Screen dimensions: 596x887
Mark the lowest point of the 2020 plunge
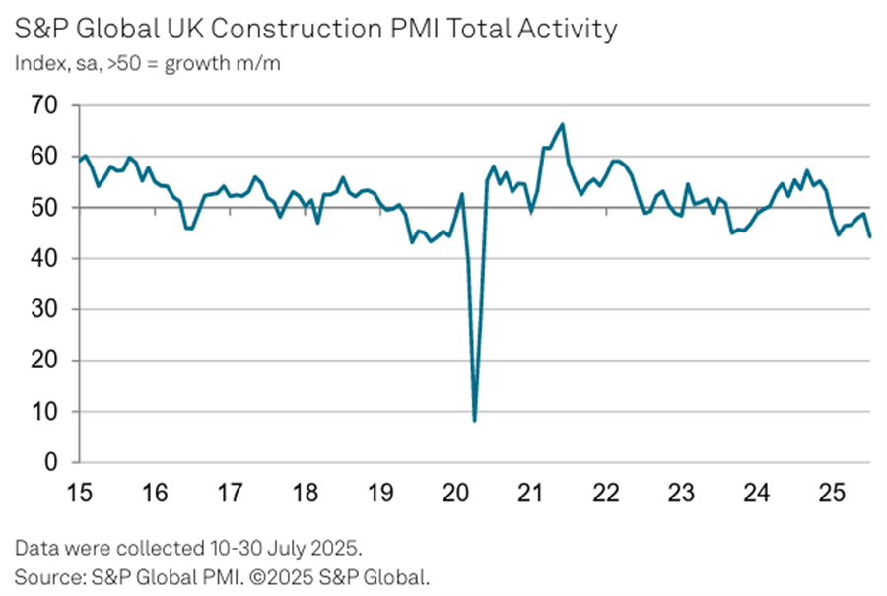click(475, 421)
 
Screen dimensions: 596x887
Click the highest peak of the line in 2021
click(563, 124)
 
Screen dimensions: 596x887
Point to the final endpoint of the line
click(870, 236)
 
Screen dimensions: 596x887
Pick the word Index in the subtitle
click(35, 64)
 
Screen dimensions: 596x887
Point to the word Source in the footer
click(43, 573)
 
